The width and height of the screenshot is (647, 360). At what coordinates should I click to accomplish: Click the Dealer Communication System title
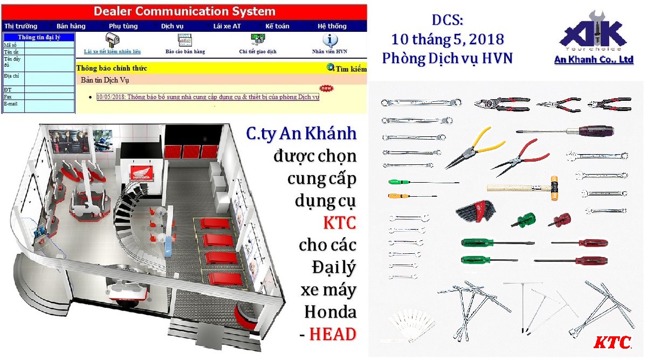(x=184, y=11)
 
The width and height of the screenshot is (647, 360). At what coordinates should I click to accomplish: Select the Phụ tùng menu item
(x=123, y=26)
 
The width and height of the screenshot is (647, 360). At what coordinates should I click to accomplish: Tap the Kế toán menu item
(x=277, y=26)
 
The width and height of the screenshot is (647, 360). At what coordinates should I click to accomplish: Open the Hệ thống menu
(x=332, y=26)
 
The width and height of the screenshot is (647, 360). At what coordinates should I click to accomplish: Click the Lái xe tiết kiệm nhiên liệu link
(x=112, y=52)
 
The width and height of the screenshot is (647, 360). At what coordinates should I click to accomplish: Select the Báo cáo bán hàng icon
(x=185, y=40)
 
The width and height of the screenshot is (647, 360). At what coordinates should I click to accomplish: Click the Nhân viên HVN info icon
(x=330, y=40)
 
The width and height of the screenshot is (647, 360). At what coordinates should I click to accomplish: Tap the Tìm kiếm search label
(x=350, y=68)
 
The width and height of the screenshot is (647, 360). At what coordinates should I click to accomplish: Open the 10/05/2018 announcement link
(x=208, y=97)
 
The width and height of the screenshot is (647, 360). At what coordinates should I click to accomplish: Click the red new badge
(x=326, y=88)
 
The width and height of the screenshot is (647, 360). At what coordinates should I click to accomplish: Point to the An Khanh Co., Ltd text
(x=594, y=60)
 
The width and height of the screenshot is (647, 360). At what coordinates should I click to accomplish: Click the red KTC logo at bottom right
(x=612, y=342)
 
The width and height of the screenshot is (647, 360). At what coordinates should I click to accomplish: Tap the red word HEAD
(x=333, y=334)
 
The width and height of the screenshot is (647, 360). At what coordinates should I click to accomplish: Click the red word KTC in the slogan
(x=340, y=222)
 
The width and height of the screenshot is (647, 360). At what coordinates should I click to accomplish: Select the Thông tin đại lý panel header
(x=39, y=37)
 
